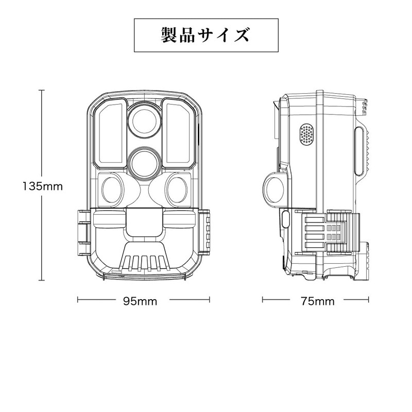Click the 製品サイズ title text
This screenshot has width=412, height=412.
click(x=205, y=35)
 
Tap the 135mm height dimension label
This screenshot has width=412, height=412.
click(x=43, y=186)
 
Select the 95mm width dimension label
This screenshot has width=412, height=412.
click(x=140, y=301)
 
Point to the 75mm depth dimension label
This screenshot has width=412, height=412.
click(x=318, y=301)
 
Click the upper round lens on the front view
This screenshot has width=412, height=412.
click(x=144, y=122)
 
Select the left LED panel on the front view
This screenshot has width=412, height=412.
click(x=110, y=133)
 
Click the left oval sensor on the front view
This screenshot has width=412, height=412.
click(x=113, y=190)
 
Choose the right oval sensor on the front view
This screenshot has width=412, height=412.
click(x=177, y=190)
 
